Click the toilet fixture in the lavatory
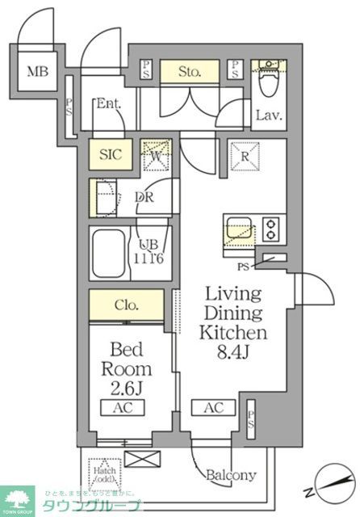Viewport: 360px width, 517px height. [268, 81]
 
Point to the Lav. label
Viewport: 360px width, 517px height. [269, 116]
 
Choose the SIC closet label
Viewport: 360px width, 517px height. [110, 153]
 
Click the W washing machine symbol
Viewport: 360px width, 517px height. [157, 154]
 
